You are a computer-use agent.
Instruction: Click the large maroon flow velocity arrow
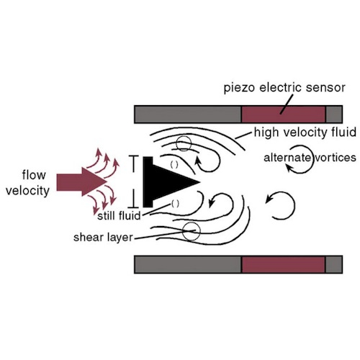click(81, 181)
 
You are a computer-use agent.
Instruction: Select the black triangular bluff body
click(166, 182)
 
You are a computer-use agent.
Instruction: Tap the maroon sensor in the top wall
click(283, 114)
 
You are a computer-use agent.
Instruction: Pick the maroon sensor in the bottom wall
click(283, 264)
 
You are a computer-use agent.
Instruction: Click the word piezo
click(239, 88)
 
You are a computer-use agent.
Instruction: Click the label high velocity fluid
click(305, 132)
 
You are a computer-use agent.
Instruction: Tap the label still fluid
click(119, 216)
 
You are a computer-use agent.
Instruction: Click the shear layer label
click(103, 238)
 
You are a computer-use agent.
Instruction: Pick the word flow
click(34, 175)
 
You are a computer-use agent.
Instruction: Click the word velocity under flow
click(27, 191)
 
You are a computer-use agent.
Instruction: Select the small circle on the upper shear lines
click(184, 143)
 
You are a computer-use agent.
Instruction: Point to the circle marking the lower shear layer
click(191, 231)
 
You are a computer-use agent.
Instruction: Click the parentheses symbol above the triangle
click(174, 165)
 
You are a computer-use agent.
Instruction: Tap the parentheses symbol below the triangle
click(175, 204)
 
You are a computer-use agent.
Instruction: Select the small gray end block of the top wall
click(334, 114)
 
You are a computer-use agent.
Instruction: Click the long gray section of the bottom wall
click(188, 264)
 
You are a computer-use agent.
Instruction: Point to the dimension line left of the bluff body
click(134, 181)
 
